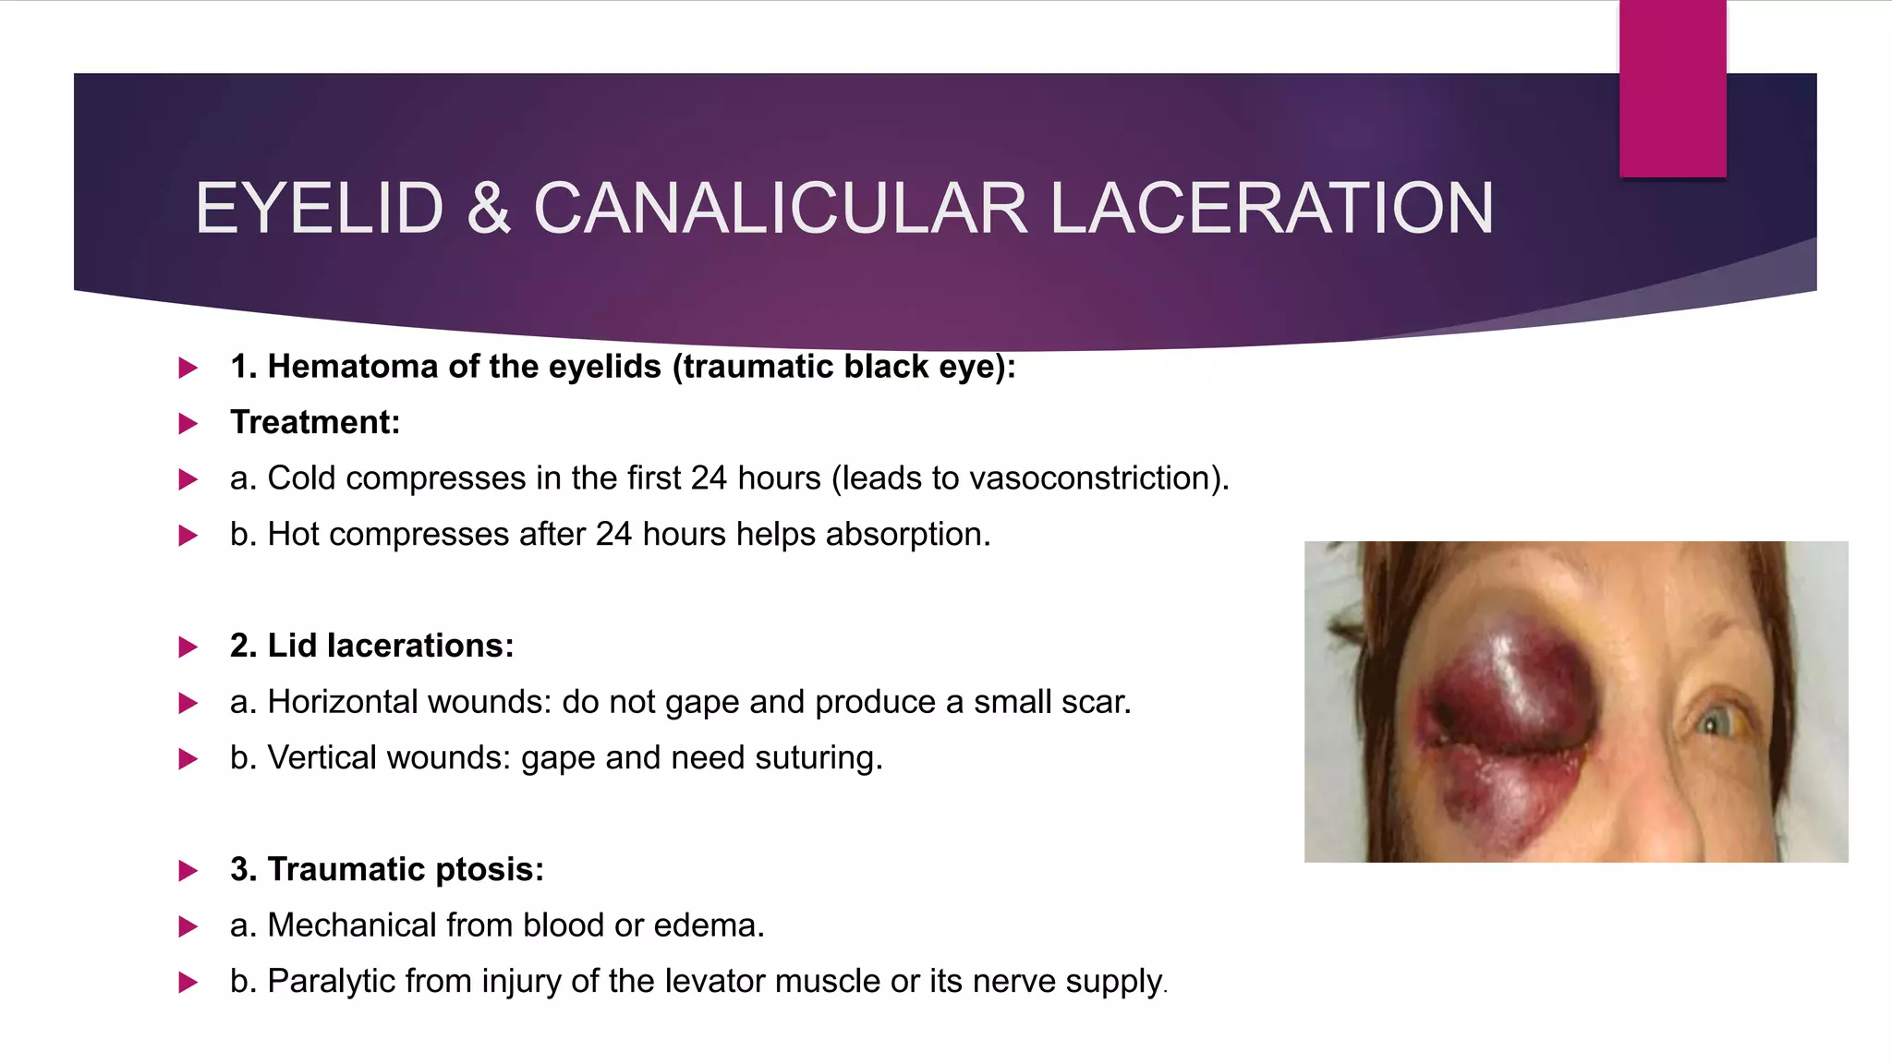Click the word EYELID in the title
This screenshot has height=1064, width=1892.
[320, 209]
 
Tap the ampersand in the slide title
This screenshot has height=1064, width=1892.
[489, 209]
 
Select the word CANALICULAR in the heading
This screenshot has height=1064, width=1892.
[780, 209]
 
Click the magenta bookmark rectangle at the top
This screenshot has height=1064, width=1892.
[1672, 89]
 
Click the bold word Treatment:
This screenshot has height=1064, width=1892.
[315, 422]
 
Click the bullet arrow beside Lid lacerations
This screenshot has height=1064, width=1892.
[188, 647]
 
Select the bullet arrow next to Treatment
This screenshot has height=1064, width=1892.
[188, 424]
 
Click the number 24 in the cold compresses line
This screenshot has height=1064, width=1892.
[709, 478]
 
